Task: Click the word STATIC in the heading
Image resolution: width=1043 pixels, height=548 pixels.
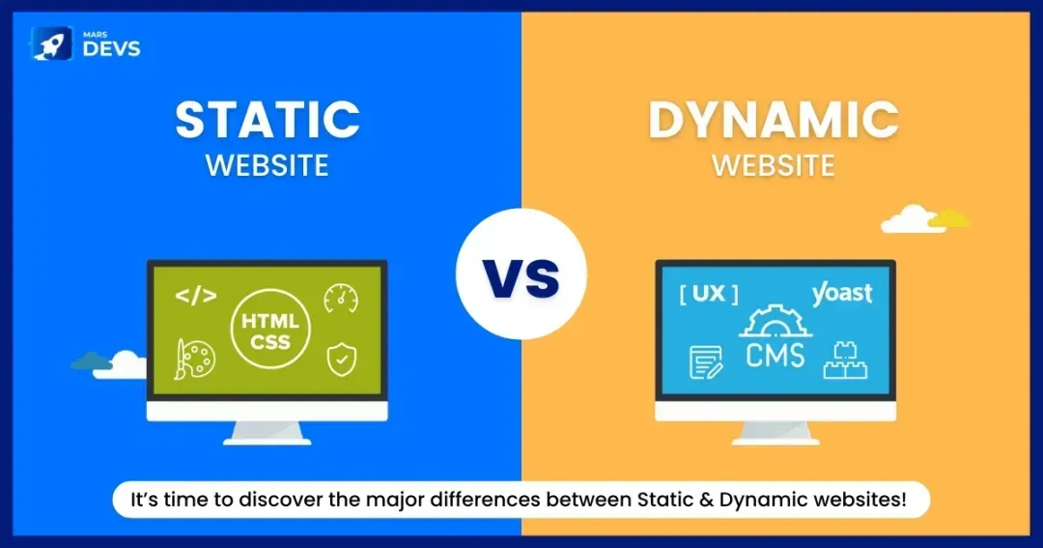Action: pos(268,120)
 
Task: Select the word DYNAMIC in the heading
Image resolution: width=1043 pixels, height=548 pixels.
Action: pos(774,120)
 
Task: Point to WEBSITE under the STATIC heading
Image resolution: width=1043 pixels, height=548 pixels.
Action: pos(268,164)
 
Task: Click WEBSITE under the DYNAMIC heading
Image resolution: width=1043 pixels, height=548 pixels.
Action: pos(774,164)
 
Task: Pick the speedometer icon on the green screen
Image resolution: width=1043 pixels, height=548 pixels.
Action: pos(341,298)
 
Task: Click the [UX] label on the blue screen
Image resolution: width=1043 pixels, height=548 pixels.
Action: pos(709,294)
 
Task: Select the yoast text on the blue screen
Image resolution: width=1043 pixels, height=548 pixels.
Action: pos(841,293)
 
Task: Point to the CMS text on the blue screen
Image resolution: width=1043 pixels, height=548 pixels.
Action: pos(775,354)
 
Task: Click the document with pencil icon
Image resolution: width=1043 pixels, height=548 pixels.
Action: pos(706,361)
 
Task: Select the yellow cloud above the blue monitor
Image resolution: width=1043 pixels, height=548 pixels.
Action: pos(951,217)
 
